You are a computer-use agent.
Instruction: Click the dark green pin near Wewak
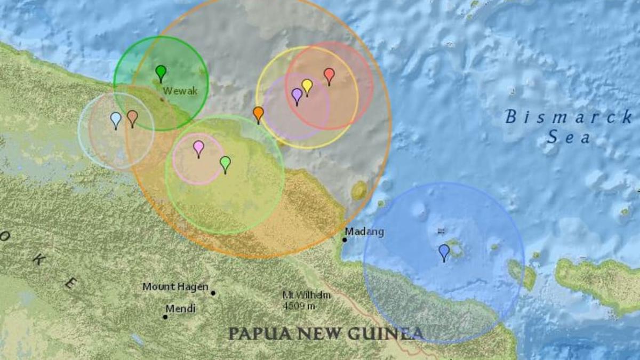point(161,72)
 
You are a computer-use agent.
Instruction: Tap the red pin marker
point(329,75)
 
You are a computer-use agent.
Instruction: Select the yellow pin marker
point(307,85)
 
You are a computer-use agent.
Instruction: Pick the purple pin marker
point(297,95)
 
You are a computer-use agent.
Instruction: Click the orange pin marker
point(258,113)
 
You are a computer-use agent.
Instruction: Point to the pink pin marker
point(198,147)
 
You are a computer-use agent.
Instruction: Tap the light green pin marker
point(225,163)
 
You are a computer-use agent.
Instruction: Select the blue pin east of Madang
point(444,251)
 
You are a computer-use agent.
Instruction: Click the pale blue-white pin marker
point(116,119)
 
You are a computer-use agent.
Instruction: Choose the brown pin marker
point(132,117)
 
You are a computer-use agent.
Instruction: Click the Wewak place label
point(180,91)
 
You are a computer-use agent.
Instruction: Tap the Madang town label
point(364,232)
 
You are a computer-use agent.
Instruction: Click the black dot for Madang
point(345,239)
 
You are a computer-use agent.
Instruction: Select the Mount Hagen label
point(175,287)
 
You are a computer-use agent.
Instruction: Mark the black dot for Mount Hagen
point(213,293)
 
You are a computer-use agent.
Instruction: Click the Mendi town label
point(180,309)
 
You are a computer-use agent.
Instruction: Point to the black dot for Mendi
point(165,317)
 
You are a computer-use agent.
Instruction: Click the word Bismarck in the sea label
point(569,117)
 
